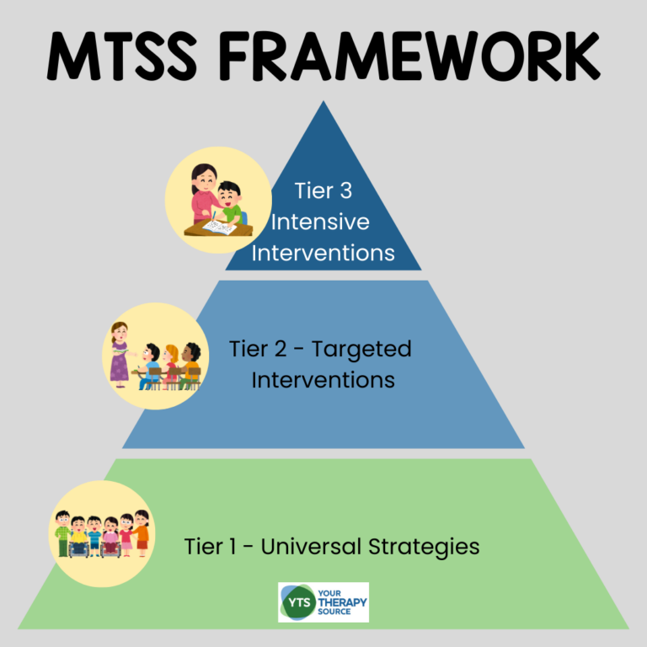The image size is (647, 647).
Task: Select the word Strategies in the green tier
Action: [x=425, y=546]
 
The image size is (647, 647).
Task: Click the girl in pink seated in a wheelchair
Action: [x=111, y=539]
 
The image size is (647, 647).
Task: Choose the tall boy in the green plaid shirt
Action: [x=62, y=532]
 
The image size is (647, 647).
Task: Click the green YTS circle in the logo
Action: [x=295, y=602]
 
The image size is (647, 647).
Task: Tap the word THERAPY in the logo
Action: [x=342, y=602]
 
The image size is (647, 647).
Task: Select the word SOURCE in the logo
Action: [x=340, y=612]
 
